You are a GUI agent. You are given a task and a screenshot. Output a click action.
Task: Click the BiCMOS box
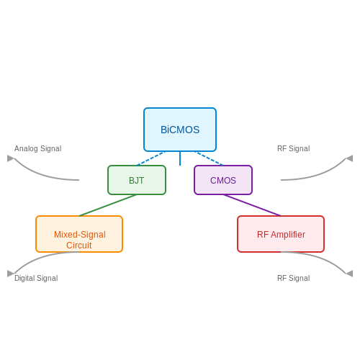click(x=180, y=130)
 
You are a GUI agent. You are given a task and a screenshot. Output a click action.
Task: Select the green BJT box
click(x=137, y=180)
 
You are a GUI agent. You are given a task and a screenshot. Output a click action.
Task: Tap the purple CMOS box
click(x=223, y=180)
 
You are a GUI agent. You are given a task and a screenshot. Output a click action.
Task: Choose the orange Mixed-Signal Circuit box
click(x=79, y=234)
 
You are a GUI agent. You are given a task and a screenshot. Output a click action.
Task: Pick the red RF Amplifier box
click(x=281, y=234)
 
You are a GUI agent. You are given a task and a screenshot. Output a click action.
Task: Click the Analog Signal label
click(x=38, y=148)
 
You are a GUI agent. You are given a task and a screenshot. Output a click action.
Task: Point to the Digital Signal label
click(x=36, y=278)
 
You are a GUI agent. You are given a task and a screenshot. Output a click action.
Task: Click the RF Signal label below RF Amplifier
click(x=294, y=278)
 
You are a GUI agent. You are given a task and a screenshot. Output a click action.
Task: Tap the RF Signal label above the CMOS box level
click(x=294, y=148)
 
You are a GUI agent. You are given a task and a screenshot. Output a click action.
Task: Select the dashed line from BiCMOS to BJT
click(x=151, y=158)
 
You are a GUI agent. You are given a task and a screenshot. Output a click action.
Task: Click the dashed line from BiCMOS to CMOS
click(x=209, y=158)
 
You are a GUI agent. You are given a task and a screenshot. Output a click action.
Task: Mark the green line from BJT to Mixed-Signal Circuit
click(x=108, y=205)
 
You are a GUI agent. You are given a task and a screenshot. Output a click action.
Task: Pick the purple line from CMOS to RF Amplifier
click(x=252, y=205)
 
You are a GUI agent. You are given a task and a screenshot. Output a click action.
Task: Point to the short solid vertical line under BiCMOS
click(x=180, y=158)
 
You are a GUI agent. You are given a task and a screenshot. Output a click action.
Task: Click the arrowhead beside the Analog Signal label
click(x=11, y=158)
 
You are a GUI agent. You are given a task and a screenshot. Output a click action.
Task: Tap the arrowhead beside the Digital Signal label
click(x=11, y=274)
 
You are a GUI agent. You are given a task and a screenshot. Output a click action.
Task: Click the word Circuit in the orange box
click(x=79, y=246)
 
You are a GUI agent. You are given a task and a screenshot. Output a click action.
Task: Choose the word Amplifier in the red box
click(x=288, y=235)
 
